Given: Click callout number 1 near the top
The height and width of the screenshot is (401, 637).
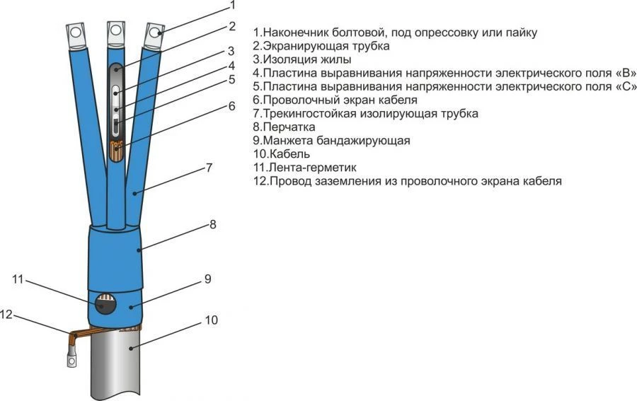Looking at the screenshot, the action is tap(232, 6).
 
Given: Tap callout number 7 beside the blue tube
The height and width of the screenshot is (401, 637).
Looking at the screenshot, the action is tap(209, 168).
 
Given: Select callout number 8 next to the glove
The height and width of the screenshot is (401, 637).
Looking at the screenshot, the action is tap(213, 224).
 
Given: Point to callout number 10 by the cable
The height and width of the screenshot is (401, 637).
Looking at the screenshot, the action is tap(211, 320).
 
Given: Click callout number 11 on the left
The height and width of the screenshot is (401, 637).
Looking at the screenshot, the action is tap(18, 279).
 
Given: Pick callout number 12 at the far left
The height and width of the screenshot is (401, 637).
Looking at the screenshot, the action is tap(6, 314).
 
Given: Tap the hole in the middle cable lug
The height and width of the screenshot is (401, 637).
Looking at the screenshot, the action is tap(115, 30).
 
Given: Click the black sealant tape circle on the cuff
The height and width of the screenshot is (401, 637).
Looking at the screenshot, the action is tap(105, 304).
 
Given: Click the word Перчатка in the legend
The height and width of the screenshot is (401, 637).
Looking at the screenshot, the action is tap(289, 127).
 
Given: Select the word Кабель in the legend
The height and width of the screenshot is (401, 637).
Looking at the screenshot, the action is tap(290, 154).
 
